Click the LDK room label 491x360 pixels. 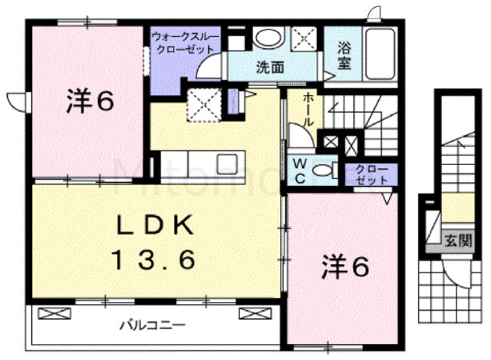155,226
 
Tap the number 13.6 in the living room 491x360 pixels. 155,259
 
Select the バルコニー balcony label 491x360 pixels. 153,325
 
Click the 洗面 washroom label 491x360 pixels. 270,68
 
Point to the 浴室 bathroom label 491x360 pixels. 344,55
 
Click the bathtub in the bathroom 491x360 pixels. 381,54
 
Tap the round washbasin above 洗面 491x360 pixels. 269,38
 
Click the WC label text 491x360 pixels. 300,171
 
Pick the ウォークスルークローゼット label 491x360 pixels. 185,44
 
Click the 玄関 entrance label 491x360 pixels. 458,240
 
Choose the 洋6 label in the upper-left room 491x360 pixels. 90,101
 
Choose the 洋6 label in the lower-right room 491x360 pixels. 345,266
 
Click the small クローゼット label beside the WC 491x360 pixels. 371,174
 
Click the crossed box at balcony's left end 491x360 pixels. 54,313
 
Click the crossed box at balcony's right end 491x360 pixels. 255,313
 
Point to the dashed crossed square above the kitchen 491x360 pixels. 204,104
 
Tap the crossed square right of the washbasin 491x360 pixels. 304,39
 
